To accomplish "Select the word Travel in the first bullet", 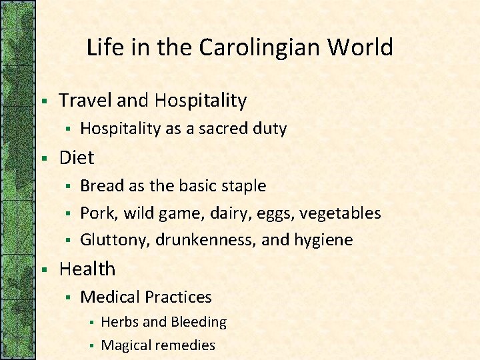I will click(85, 101).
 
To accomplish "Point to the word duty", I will click(269, 129).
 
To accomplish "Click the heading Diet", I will click(77, 158).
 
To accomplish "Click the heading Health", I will click(87, 269).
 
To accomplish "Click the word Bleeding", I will click(198, 323).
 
